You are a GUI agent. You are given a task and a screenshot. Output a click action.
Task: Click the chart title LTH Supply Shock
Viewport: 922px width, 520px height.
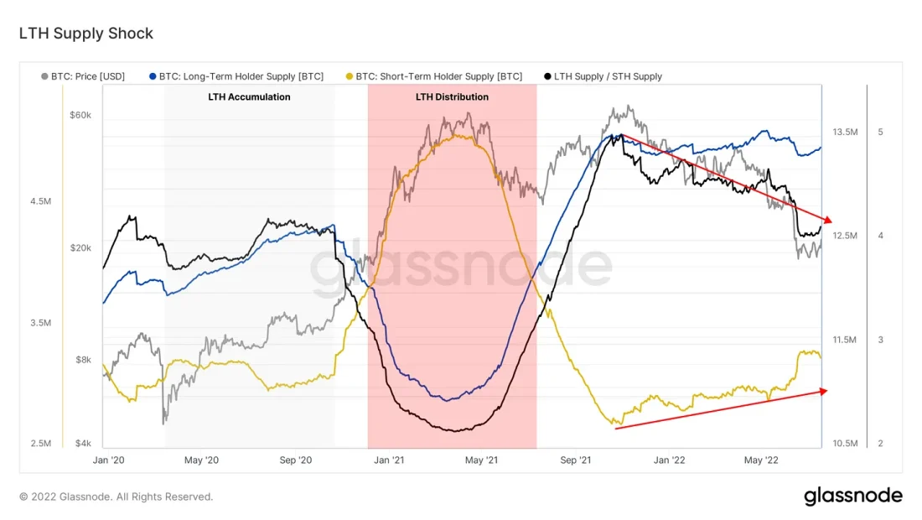click(85, 34)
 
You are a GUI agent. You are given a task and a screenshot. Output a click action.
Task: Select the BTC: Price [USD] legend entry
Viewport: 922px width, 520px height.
click(83, 76)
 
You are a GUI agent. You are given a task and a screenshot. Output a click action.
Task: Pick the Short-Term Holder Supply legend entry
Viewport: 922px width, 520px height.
click(434, 76)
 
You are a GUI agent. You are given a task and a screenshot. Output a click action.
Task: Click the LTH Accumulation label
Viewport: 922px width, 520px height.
click(249, 97)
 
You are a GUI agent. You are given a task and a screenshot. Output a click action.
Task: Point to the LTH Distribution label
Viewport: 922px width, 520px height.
click(452, 97)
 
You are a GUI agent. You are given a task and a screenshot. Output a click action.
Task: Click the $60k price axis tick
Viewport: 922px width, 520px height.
click(80, 114)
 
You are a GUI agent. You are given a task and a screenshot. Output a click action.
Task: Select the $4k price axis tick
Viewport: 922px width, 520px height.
click(82, 443)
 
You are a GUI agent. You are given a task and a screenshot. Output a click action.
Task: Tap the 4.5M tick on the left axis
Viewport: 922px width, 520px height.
click(40, 201)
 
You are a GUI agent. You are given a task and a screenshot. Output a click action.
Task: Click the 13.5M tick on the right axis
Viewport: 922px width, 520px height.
click(845, 133)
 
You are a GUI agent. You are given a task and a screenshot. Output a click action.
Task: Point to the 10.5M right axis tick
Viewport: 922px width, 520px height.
click(845, 443)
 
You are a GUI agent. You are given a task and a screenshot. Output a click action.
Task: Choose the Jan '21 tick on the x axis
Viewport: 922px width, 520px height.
click(389, 460)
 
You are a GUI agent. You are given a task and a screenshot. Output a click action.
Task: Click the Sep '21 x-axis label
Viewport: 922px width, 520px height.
click(576, 460)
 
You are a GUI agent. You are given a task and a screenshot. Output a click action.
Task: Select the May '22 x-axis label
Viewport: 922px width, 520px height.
click(762, 460)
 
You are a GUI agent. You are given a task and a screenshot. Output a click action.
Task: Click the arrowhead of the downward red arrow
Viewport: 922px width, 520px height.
click(828, 221)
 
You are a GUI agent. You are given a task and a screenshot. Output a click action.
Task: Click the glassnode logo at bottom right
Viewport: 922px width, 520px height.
click(853, 496)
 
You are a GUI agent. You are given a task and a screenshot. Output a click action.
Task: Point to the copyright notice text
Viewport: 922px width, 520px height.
click(116, 497)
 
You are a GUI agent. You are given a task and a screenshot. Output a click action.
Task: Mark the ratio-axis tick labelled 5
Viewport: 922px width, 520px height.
click(880, 133)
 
